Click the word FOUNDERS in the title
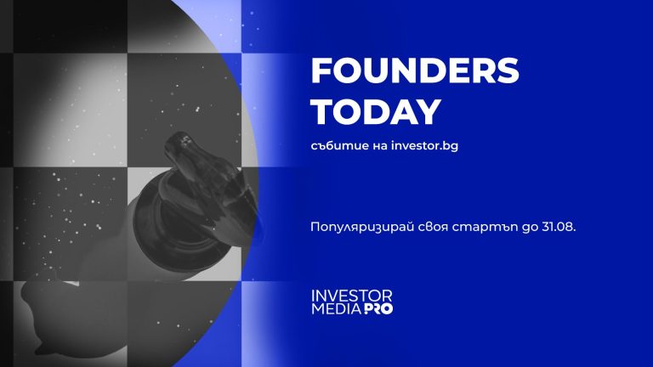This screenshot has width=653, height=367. pos(414,74)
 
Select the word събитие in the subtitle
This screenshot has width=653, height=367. pos(338,146)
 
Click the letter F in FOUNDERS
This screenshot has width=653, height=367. pos(321,74)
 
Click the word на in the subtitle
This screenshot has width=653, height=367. pos(376,146)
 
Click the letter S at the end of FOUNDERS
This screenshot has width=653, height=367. pos(507,74)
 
